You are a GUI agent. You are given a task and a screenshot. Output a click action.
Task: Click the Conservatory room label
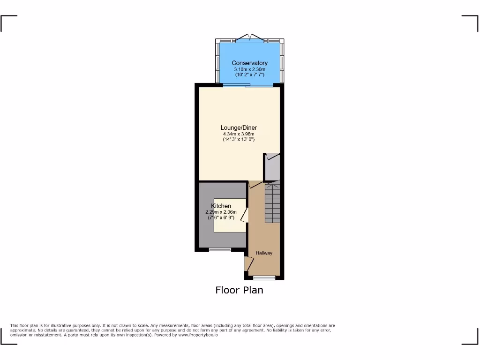coord(249,63)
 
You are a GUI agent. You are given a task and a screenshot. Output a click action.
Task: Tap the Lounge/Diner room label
coord(239,127)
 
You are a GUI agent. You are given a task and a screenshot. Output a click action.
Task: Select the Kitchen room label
coord(221,206)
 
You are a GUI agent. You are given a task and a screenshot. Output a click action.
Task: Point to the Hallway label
coord(264,253)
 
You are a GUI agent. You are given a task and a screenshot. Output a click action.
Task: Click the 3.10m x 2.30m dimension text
coord(249,69)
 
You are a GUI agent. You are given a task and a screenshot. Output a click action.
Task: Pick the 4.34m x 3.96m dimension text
coord(239,134)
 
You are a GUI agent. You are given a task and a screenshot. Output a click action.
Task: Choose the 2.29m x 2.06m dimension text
coord(221,212)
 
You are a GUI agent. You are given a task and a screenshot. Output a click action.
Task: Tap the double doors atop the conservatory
coord(250,37)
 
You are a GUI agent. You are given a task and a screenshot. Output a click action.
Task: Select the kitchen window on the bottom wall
coord(220,249)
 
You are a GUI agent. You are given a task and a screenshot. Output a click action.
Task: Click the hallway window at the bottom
coord(264,277)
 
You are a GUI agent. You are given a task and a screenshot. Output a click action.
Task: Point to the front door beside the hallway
coord(246,264)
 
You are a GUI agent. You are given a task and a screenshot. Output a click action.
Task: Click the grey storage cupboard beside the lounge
coord(272,167)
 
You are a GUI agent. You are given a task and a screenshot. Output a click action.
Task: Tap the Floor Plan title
coord(239,290)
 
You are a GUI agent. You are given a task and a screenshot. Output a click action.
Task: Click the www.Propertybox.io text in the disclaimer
coord(199,335)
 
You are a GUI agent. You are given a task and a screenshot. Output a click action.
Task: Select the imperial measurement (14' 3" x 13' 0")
coord(239,139)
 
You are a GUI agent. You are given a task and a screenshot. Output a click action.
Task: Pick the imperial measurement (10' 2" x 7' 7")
coord(249,75)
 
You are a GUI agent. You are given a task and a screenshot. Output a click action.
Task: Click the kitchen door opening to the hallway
coord(245,216)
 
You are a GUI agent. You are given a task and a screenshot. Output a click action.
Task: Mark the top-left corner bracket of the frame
coord(8,23)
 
